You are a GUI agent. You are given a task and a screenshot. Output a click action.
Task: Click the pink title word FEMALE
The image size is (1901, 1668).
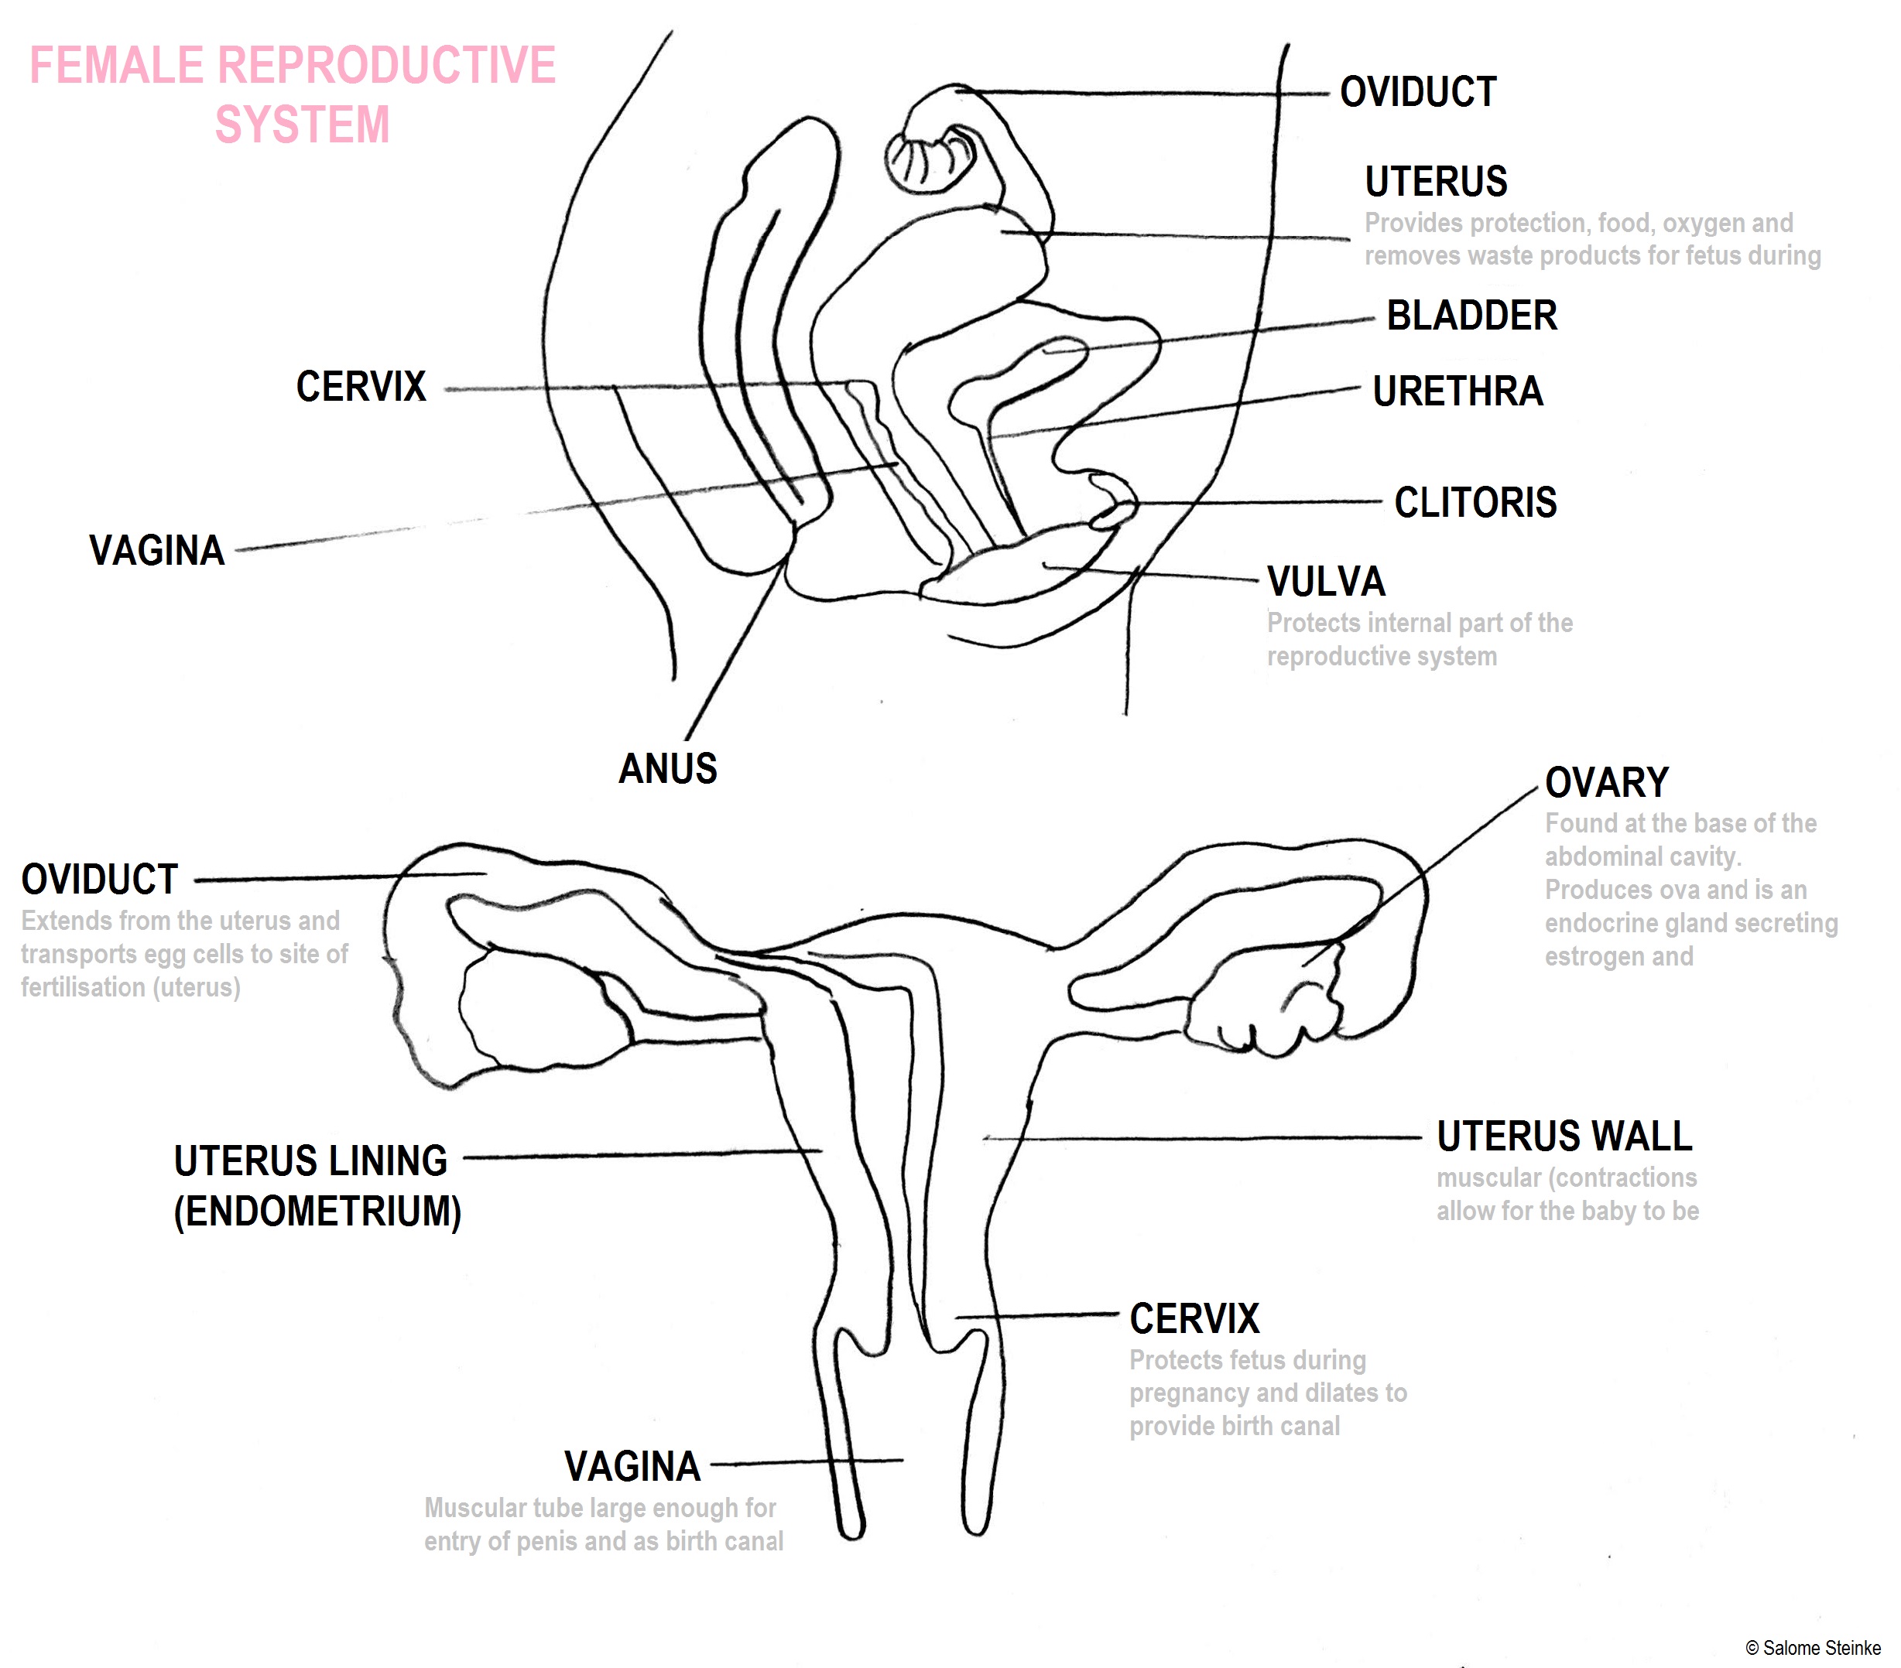pyautogui.click(x=116, y=66)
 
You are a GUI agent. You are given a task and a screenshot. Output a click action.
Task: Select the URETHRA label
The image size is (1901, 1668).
pyautogui.click(x=1457, y=391)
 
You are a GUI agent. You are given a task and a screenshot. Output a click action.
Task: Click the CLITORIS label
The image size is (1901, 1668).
pyautogui.click(x=1475, y=503)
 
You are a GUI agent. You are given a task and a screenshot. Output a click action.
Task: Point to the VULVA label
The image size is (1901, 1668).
pyautogui.click(x=1326, y=582)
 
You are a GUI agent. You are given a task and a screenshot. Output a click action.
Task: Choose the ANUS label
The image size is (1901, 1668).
pyautogui.click(x=668, y=769)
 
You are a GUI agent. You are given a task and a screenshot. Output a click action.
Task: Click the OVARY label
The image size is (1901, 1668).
pyautogui.click(x=1606, y=783)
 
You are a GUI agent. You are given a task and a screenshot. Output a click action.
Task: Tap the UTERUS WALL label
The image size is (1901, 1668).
pyautogui.click(x=1564, y=1136)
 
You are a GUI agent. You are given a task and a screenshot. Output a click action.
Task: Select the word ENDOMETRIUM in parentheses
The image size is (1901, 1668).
pyautogui.click(x=317, y=1212)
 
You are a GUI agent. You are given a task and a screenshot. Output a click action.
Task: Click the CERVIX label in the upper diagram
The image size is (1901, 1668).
pyautogui.click(x=361, y=387)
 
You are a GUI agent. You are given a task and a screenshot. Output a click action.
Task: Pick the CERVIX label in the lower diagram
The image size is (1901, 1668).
pyautogui.click(x=1194, y=1319)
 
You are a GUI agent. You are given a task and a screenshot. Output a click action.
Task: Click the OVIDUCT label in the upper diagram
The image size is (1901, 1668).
pyautogui.click(x=1418, y=93)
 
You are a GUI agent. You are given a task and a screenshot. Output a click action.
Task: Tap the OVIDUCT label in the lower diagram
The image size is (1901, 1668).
pyautogui.click(x=100, y=880)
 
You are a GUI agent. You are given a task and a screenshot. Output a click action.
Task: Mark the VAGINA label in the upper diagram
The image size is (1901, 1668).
pyautogui.click(x=157, y=550)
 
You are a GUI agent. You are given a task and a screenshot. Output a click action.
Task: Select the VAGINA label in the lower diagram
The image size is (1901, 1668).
pyautogui.click(x=632, y=1467)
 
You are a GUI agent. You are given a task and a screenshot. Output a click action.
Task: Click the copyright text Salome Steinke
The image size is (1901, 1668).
pyautogui.click(x=1821, y=1649)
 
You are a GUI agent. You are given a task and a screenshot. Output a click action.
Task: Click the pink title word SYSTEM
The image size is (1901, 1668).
pyautogui.click(x=303, y=125)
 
